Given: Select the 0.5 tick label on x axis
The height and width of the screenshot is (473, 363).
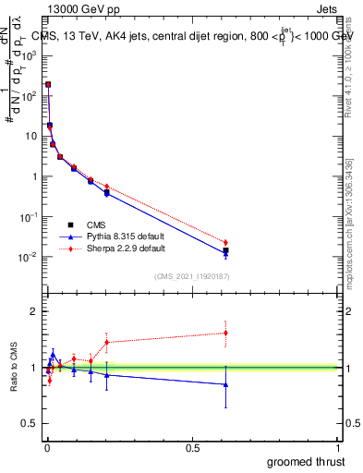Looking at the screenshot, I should coord(193,448).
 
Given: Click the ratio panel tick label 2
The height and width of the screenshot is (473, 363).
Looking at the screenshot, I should coord(35,312).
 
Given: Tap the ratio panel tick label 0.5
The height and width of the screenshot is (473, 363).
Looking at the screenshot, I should coord(30,424).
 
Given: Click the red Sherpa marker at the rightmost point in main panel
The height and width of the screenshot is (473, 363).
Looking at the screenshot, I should coord(225,242).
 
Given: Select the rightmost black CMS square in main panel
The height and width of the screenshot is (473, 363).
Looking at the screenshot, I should coord(225,250).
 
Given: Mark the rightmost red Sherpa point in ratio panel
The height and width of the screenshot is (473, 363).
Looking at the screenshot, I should coord(225,333).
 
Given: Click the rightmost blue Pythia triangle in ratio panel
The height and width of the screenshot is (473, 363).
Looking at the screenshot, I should coord(225,384).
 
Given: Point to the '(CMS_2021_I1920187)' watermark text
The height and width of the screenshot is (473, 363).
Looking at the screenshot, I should coord(191,275).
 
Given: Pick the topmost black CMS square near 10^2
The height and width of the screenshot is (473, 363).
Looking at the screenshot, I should coord(48,84).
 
